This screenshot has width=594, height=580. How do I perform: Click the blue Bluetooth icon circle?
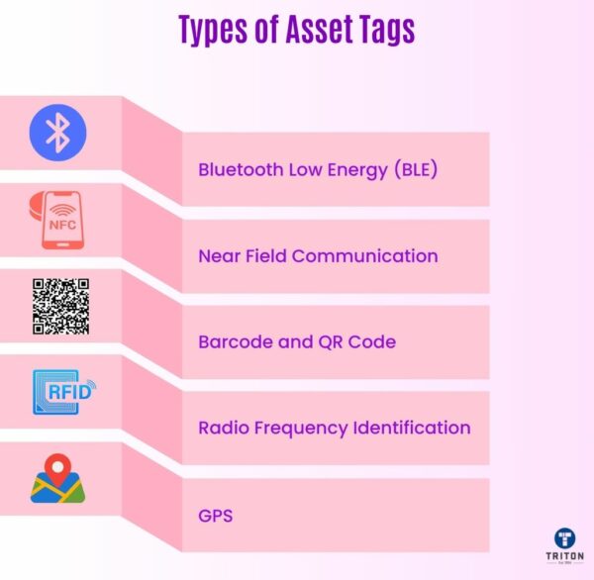(x=58, y=132)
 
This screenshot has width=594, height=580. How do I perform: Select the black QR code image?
(x=60, y=306)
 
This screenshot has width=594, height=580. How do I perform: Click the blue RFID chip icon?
(x=62, y=392)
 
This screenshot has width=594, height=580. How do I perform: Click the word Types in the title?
(x=212, y=30)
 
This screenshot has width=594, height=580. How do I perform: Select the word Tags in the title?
(x=381, y=30)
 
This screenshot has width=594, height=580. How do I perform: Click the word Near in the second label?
(x=220, y=255)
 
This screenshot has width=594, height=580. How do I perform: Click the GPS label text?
(x=215, y=516)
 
